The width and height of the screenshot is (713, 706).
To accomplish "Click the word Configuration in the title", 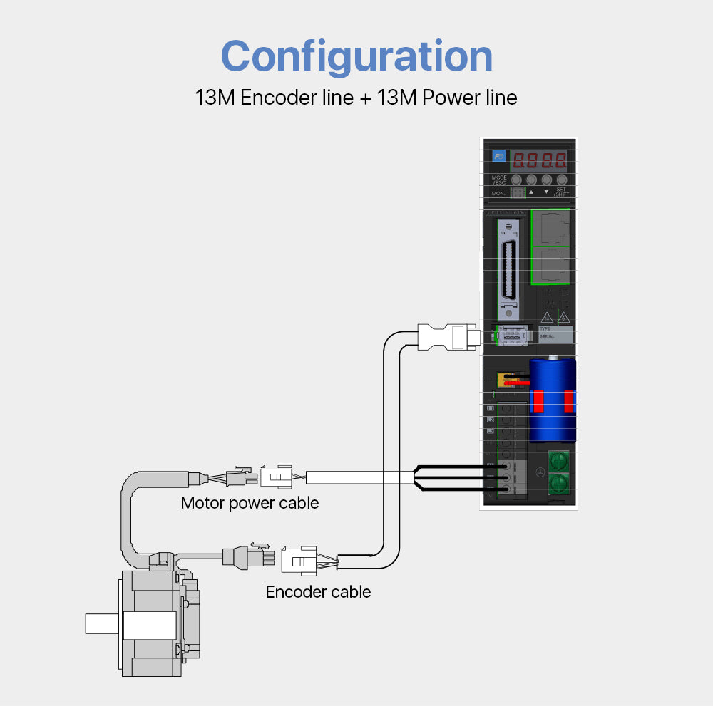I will (x=356, y=56).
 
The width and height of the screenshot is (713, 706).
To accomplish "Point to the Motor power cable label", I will (x=250, y=503).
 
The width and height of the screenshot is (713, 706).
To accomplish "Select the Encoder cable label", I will (x=318, y=592).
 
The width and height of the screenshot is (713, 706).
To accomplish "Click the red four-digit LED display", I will (x=540, y=160).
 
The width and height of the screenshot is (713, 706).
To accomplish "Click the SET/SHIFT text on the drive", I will (x=562, y=192).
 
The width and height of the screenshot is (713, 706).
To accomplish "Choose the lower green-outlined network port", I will (x=550, y=266).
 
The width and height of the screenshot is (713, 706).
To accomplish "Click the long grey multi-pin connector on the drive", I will (x=508, y=269).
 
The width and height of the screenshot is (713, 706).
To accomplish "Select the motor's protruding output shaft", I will (x=103, y=624).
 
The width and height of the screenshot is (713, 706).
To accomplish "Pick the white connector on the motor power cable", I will (x=276, y=476).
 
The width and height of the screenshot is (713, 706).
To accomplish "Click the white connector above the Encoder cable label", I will (x=299, y=560).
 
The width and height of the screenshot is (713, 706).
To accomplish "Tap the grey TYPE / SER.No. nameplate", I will (x=555, y=336).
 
